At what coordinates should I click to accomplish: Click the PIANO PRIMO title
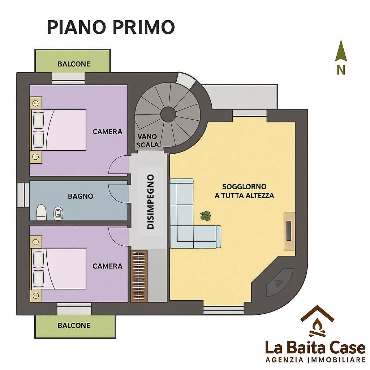tap(111, 27)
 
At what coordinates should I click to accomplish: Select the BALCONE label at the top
tap(74, 64)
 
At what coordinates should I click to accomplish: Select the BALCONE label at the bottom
tap(74, 326)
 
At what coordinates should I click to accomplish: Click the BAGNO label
tap(81, 196)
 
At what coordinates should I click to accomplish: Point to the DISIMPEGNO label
tap(151, 202)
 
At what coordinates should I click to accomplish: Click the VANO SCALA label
tap(147, 141)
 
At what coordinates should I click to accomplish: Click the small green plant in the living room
tap(205, 216)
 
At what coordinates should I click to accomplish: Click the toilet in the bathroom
tap(41, 212)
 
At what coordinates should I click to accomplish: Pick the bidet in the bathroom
tap(58, 213)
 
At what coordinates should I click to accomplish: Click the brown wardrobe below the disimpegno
tap(139, 276)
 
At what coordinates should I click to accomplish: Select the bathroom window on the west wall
tap(23, 195)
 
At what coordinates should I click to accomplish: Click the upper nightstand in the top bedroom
tap(36, 103)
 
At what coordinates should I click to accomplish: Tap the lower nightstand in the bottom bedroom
tap(36, 295)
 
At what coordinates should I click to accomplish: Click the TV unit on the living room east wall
tap(289, 231)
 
